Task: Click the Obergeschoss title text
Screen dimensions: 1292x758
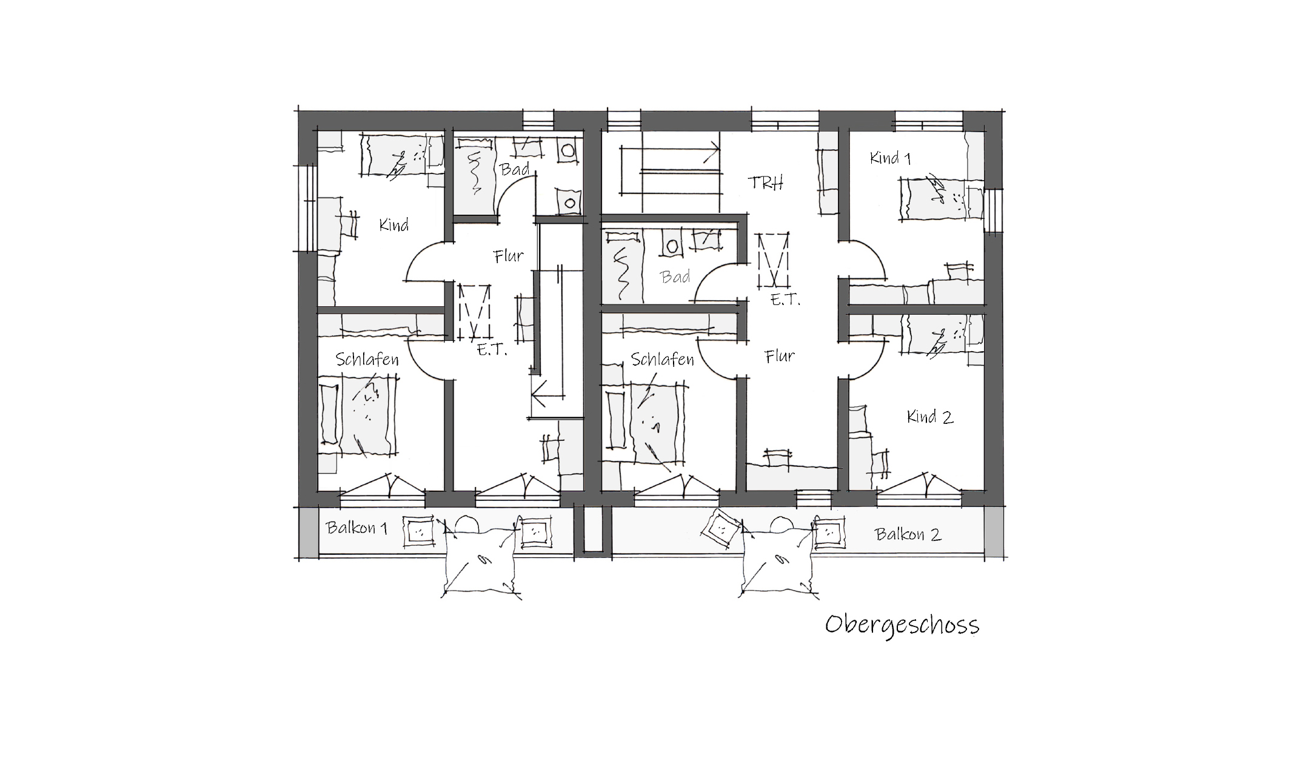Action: pos(902,625)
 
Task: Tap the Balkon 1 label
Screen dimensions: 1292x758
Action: pos(356,528)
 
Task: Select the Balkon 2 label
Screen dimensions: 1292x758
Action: pos(908,534)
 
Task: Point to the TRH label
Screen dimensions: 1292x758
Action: pos(766,183)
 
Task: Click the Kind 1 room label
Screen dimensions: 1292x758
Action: pos(890,158)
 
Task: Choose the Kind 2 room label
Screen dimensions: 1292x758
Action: pos(930,417)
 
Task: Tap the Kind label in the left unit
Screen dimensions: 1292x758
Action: pos(394,225)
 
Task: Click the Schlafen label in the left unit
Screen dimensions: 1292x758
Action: pos(367,360)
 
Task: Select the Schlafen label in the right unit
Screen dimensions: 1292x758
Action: pos(662,360)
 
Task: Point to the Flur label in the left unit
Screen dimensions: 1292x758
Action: pos(509,257)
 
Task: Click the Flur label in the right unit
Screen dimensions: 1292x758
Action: pos(780,356)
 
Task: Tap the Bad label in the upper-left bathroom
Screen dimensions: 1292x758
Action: pos(515,169)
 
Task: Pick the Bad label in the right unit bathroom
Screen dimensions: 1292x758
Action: pos(675,277)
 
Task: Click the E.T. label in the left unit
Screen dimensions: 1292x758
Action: pos(492,350)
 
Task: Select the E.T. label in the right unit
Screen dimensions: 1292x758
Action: pos(785,299)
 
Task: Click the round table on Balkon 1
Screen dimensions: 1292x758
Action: pos(467,524)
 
